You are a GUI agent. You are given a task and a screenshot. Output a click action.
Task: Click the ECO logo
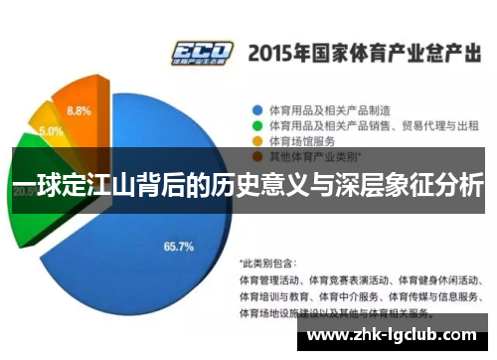tap(202, 52)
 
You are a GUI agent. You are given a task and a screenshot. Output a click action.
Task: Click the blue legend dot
tap(255, 109)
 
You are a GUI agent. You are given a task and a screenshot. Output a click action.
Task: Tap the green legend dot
tap(255, 125)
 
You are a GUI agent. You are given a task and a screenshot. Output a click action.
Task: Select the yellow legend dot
tap(255, 141)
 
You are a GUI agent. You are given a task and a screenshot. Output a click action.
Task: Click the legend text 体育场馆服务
tap(299, 141)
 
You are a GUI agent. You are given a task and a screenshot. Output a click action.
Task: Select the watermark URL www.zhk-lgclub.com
tap(397, 335)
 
